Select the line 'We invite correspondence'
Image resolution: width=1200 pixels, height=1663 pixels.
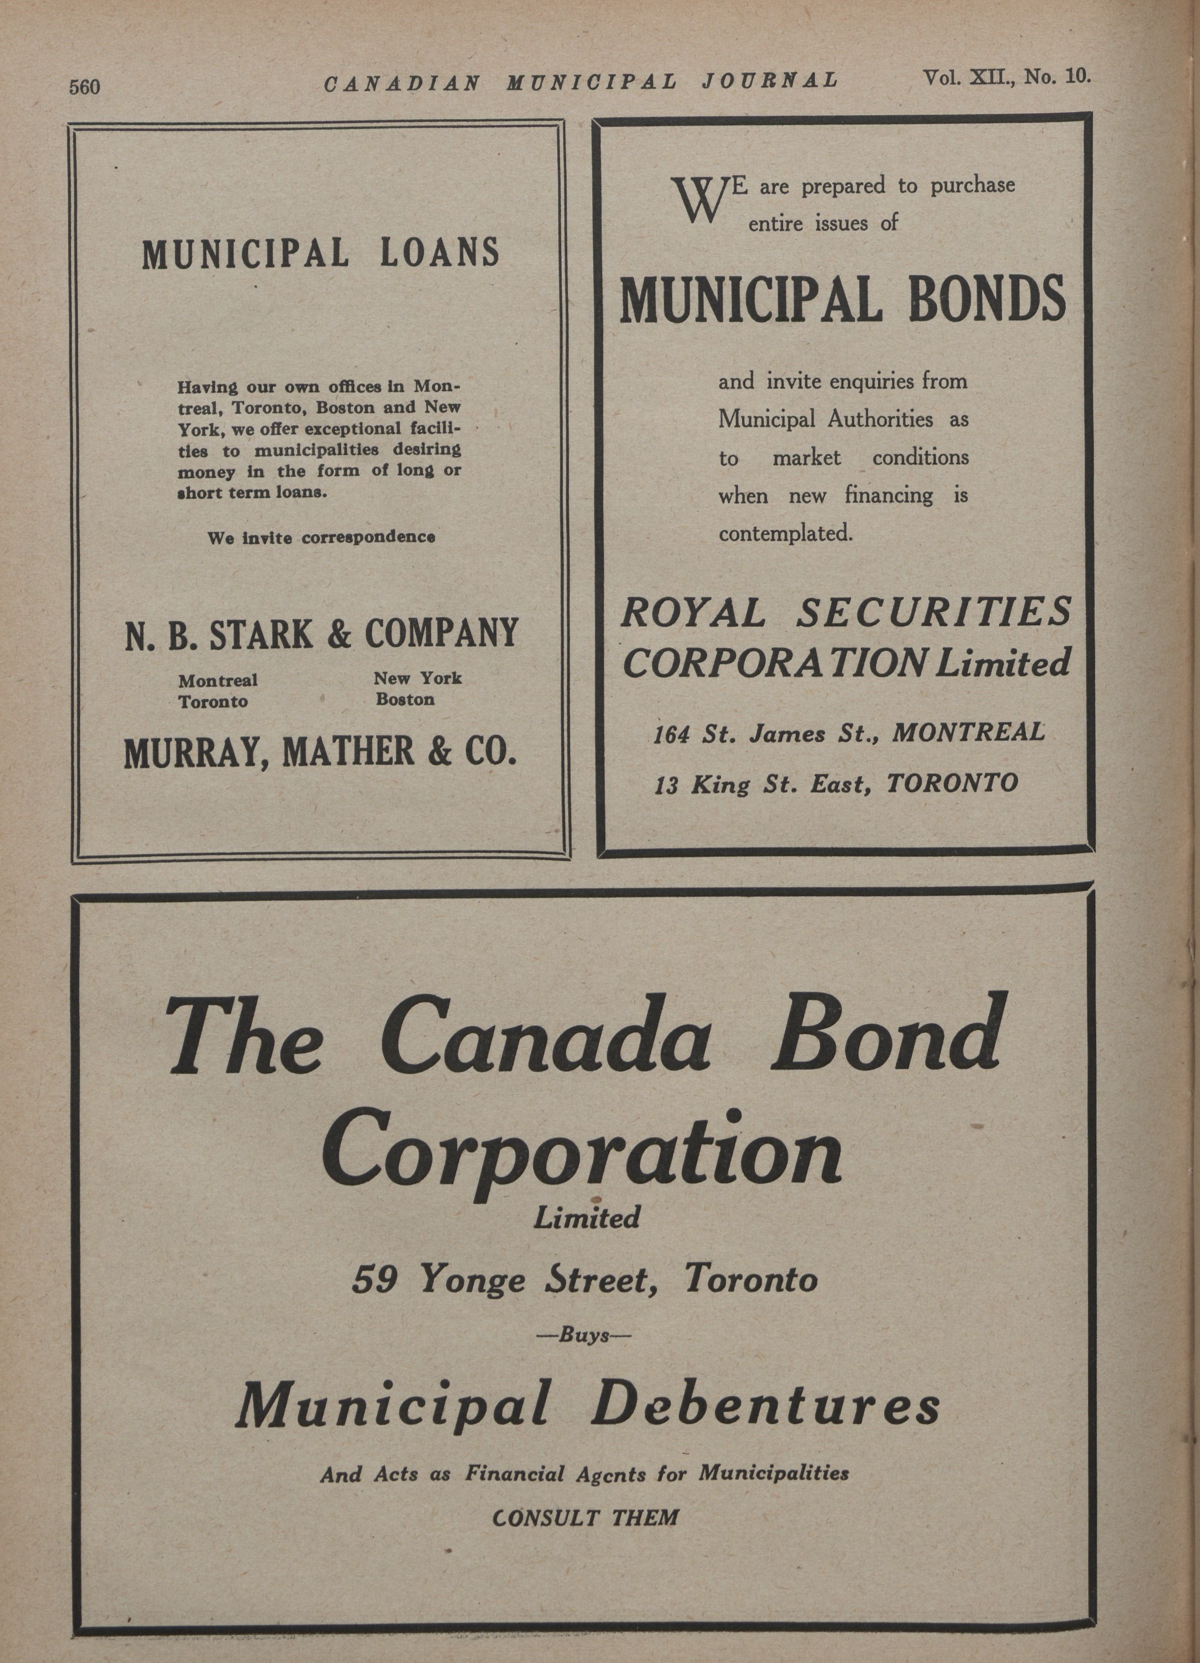(321, 538)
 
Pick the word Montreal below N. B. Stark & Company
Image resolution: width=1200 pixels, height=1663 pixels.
(218, 680)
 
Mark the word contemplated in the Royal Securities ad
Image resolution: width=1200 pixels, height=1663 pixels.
(785, 533)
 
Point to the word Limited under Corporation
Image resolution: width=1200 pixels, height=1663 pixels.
(586, 1218)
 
